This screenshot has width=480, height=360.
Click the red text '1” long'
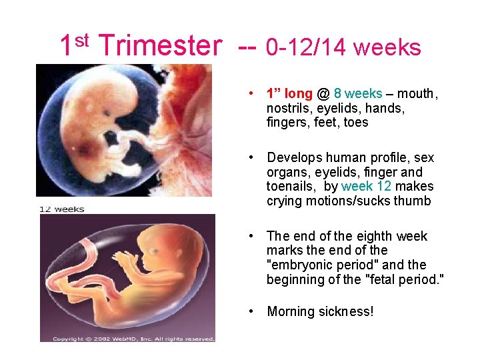(289, 94)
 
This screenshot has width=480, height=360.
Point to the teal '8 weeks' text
(358, 94)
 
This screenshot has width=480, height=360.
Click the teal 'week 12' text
(366, 187)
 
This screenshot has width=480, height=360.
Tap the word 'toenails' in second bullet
(291, 187)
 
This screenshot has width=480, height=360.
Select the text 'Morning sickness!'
(320, 311)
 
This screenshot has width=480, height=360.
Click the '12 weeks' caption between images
(62, 209)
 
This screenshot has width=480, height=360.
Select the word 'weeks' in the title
(387, 47)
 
